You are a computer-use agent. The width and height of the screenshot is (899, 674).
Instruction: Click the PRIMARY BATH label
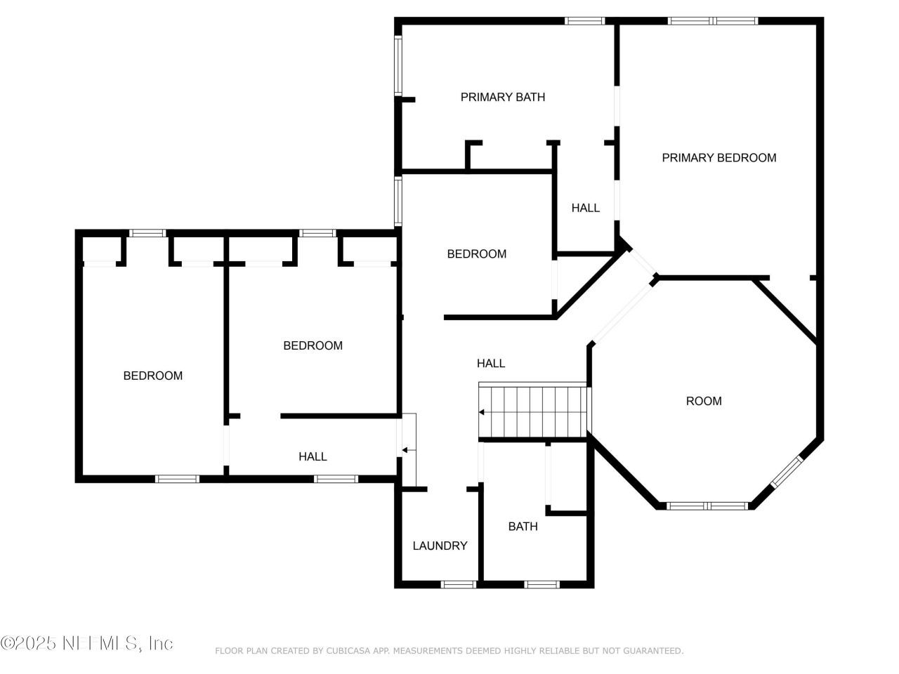point(502,97)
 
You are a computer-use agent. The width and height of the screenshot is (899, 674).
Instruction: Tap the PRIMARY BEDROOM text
point(718,158)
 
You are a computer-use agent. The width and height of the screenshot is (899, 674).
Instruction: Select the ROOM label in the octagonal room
point(703,401)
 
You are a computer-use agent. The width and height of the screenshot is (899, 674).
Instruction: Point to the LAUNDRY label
point(440,546)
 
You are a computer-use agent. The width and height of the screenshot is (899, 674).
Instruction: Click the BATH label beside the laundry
point(523,526)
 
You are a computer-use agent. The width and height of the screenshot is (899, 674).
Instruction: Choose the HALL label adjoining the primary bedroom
point(585,208)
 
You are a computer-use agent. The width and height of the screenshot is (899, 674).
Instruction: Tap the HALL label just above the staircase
point(490,363)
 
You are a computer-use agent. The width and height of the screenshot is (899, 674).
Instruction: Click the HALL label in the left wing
point(313,456)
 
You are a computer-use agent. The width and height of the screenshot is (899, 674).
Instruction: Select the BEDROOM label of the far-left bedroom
point(152,376)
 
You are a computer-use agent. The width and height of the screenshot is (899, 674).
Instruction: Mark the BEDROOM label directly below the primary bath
point(476,253)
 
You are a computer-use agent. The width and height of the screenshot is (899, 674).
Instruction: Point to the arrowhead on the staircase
point(482,412)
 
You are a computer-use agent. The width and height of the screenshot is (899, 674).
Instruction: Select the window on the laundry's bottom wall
point(459,583)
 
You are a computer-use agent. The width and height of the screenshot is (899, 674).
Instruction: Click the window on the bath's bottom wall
point(542,583)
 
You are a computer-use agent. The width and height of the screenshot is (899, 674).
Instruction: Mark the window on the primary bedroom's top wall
point(712,21)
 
